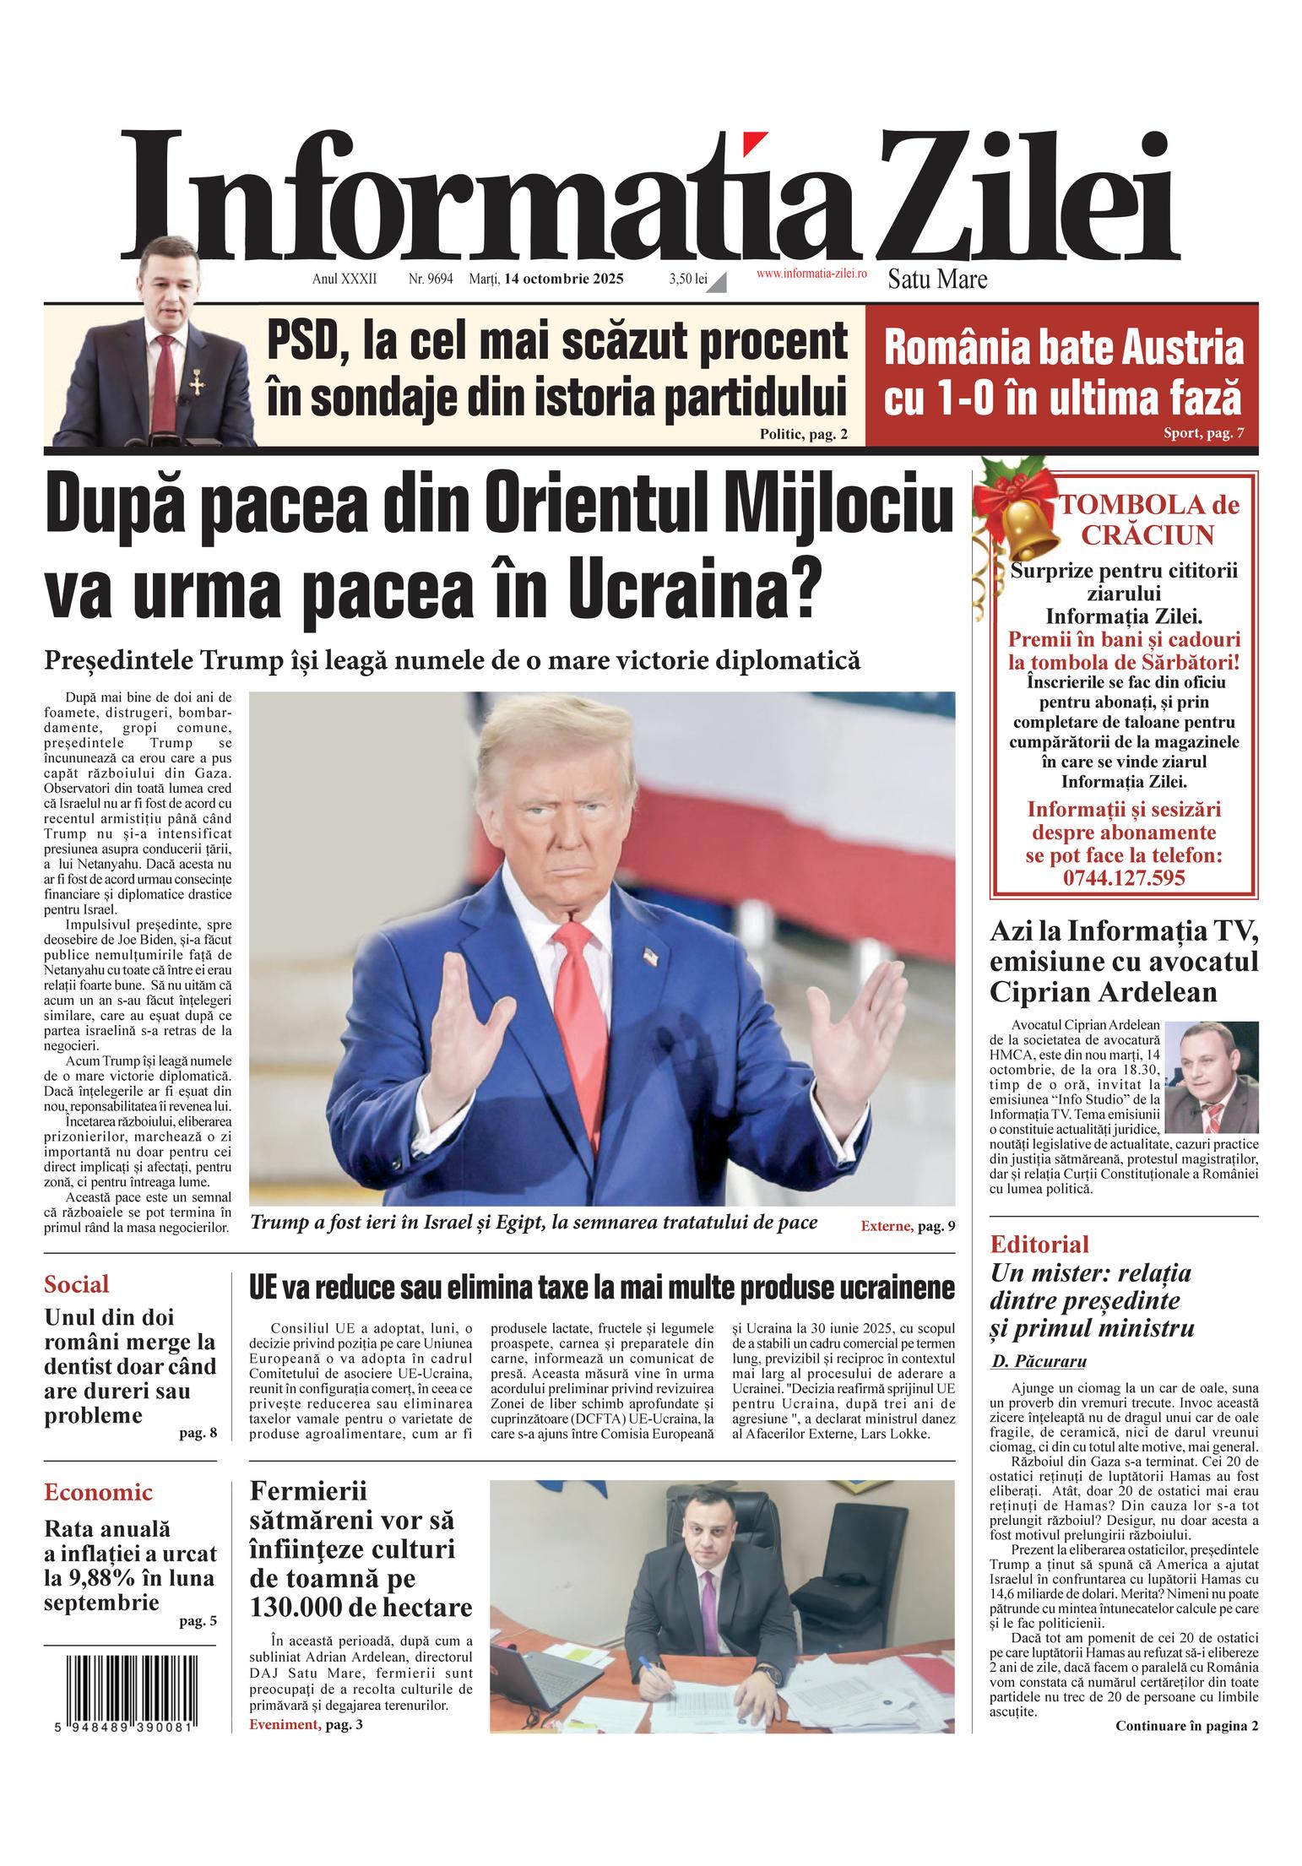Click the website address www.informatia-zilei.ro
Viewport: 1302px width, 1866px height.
(811, 273)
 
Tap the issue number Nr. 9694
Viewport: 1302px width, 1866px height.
(431, 279)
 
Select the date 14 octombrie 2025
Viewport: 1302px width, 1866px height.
(564, 279)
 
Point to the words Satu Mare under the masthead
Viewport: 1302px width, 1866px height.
(937, 279)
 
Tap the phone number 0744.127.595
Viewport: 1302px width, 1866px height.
(1123, 877)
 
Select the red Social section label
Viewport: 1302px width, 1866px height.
(77, 1284)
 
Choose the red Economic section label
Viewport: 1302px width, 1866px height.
(98, 1492)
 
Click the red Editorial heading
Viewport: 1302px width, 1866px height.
(1039, 1244)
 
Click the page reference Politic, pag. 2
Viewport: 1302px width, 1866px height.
(802, 434)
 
